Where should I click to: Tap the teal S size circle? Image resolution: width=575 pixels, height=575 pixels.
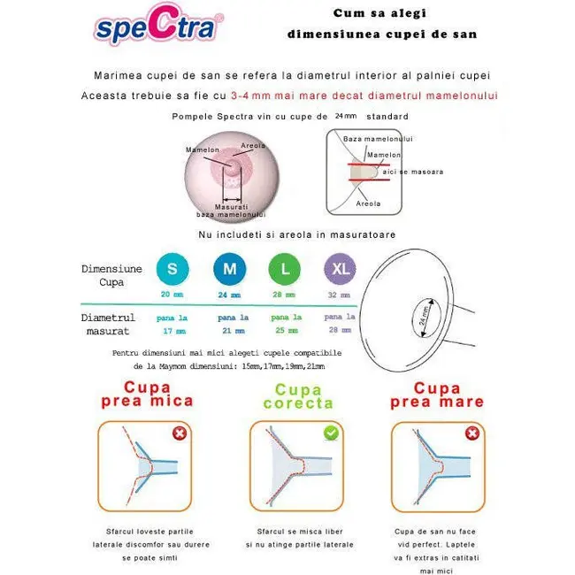[172, 269]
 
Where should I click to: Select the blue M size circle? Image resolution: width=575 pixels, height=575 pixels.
[229, 269]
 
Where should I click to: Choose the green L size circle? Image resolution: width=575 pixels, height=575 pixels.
[284, 269]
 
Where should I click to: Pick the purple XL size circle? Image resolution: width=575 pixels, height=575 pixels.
[340, 269]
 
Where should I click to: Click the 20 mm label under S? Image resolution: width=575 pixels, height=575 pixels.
[172, 295]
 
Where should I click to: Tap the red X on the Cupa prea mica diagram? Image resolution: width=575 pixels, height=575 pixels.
[180, 433]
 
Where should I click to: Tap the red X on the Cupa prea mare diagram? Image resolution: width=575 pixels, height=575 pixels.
[472, 433]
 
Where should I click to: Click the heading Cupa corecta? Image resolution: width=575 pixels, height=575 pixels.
[298, 396]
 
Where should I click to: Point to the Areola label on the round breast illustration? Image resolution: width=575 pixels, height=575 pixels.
[254, 145]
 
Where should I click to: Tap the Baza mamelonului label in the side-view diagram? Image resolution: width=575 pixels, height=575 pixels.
[378, 139]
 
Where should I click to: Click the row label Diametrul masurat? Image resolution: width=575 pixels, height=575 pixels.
[108, 324]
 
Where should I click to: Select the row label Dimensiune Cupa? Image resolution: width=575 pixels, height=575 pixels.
[111, 275]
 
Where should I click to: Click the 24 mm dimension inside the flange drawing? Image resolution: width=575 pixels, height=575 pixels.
[426, 314]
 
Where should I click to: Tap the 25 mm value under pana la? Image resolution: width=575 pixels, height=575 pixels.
[285, 331]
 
